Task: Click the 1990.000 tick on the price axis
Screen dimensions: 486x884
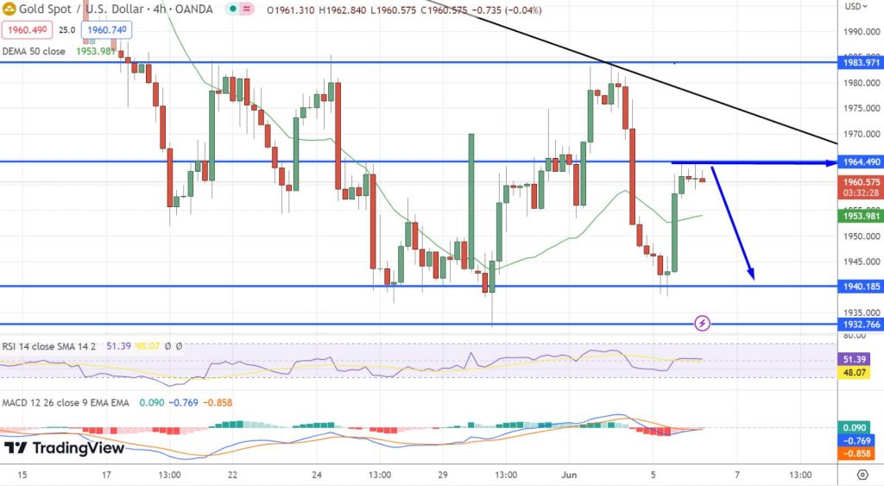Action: point(859,32)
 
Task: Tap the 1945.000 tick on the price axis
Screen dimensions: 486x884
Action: point(859,262)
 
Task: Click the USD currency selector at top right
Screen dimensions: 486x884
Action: point(854,6)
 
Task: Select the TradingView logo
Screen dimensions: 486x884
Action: point(64,449)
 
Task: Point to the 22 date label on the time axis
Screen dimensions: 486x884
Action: point(233,475)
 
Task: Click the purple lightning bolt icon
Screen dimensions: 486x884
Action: point(703,323)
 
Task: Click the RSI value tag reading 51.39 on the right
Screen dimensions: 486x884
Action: point(859,358)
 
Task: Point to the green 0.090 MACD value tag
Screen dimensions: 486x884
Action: point(859,426)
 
